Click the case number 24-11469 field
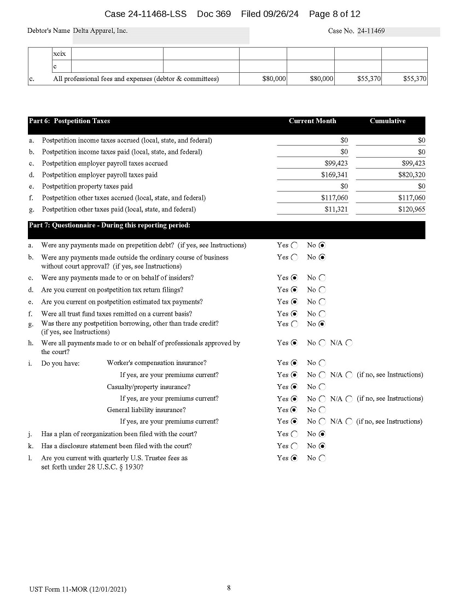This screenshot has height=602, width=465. pyautogui.click(x=398, y=31)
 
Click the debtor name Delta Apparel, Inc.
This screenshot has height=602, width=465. pyautogui.click(x=100, y=31)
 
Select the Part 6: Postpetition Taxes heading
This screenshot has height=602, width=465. pyautogui.click(x=69, y=121)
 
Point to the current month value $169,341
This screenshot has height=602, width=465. pyautogui.click(x=334, y=175)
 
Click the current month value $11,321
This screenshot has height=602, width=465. pyautogui.click(x=336, y=210)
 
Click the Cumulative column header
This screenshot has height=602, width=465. pyautogui.click(x=387, y=121)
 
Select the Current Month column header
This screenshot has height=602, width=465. pyautogui.click(x=312, y=121)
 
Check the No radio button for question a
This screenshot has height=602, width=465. pyautogui.click(x=322, y=246)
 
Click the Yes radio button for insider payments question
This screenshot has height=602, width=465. pyautogui.click(x=295, y=278)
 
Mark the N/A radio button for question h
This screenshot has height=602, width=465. pyautogui.click(x=349, y=343)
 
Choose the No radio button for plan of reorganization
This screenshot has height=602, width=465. pyautogui.click(x=322, y=434)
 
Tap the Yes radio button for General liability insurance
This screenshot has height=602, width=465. pyautogui.click(x=295, y=410)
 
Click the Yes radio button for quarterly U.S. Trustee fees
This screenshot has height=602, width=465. pyautogui.click(x=295, y=458)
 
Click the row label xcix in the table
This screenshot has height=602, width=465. pyautogui.click(x=59, y=54)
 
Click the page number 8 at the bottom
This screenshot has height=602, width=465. pyautogui.click(x=229, y=588)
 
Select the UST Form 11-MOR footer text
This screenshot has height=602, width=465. pyautogui.click(x=78, y=589)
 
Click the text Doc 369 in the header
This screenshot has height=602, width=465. pyautogui.click(x=214, y=14)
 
